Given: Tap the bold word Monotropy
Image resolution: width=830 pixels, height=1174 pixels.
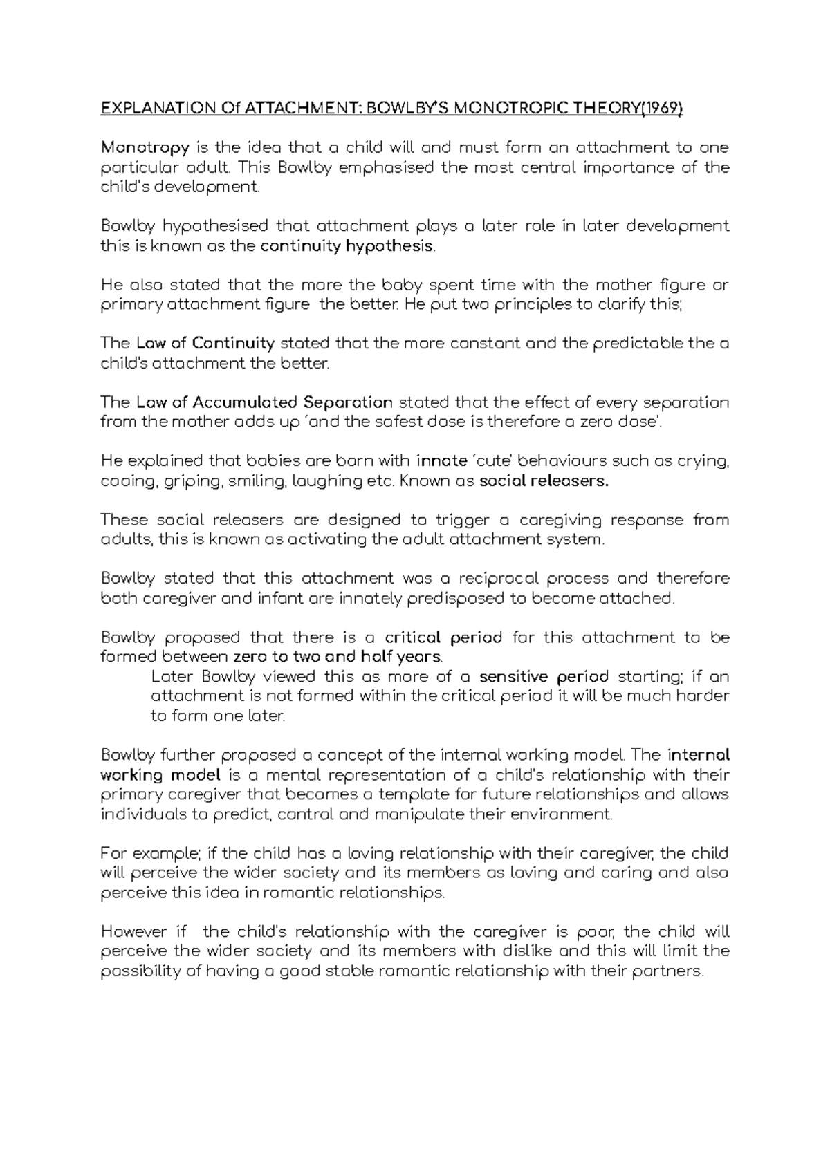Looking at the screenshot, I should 145,147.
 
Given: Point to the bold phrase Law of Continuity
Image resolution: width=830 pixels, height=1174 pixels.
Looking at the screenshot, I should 205,344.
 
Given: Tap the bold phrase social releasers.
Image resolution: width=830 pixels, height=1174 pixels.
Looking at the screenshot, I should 544,481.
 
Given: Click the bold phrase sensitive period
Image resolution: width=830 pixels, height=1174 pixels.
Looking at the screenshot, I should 544,676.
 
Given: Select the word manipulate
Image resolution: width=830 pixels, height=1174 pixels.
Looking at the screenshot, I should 418,814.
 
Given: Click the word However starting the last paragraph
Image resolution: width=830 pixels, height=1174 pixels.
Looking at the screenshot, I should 134,931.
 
